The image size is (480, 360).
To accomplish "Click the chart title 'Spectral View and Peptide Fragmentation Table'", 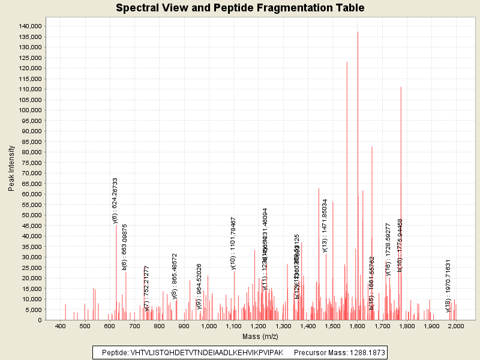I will pos(240,8).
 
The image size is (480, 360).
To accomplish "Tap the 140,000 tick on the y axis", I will pos(29,26).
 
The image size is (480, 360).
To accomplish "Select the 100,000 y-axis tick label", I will pos(29,110).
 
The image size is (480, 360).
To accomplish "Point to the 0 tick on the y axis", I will pos(39,320).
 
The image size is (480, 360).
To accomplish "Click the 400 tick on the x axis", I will pos(60,326).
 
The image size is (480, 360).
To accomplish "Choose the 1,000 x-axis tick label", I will pos(209,326).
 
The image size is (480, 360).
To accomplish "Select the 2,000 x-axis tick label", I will pos(456,326).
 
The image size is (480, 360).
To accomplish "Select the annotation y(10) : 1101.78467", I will pos(233,244).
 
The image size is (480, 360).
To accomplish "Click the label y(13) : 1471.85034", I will pos(325,225).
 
